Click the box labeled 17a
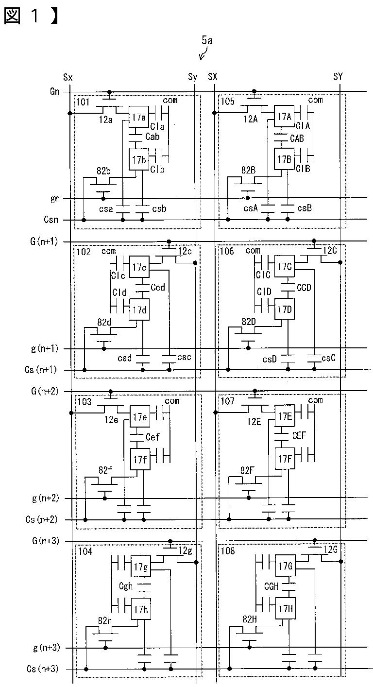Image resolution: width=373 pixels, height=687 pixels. point(138,117)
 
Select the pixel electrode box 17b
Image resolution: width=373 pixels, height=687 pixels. point(138,159)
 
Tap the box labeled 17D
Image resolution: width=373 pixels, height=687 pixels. point(285,309)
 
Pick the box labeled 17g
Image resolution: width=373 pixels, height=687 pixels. point(141,566)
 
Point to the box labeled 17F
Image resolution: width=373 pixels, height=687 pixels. point(285,459)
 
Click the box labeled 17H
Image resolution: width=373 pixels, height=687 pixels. point(286,608)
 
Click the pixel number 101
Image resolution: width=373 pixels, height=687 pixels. point(83,102)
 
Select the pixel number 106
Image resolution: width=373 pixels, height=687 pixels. point(227,252)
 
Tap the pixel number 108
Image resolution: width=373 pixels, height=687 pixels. point(228,551)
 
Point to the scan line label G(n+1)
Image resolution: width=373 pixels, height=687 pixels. point(44,241)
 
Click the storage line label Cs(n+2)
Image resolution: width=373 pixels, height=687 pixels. point(41,519)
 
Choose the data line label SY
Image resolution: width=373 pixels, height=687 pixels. point(338,77)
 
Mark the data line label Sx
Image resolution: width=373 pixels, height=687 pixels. point(68,77)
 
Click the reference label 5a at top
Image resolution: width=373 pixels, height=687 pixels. point(207,40)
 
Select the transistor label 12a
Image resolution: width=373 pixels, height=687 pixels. point(105,120)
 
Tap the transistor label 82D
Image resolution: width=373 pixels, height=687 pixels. point(249,322)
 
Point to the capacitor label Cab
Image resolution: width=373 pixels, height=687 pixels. point(153,137)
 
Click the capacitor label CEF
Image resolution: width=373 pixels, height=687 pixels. point(299,435)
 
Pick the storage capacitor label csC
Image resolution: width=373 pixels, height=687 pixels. point(328,358)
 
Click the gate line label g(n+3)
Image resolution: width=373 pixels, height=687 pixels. point(47,648)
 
